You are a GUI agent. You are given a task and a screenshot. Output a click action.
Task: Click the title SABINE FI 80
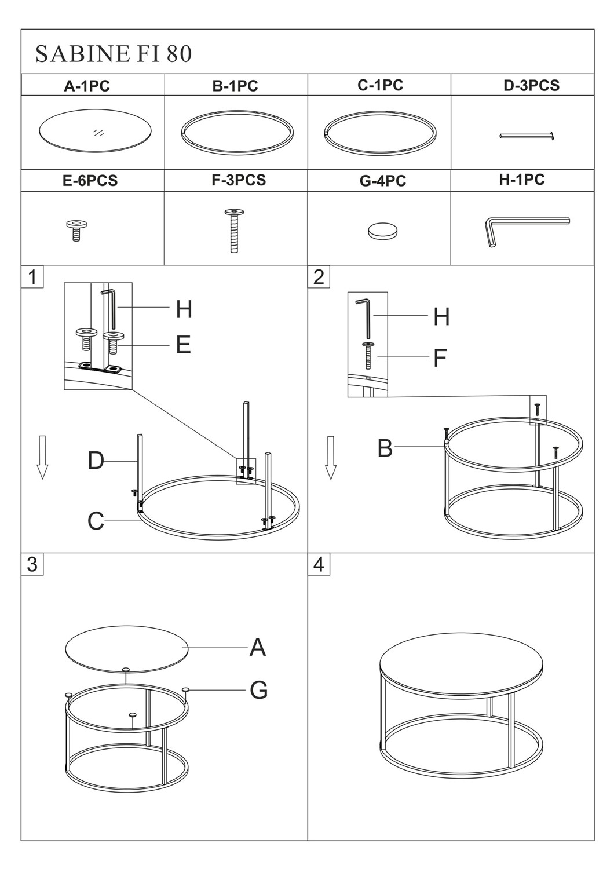coord(114,54)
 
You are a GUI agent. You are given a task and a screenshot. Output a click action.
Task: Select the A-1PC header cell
coord(93,85)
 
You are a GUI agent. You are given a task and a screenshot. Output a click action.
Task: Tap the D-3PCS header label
coord(531,85)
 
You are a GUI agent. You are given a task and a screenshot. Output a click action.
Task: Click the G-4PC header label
coord(382,181)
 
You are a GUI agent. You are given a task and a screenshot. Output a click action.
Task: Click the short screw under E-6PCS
coord(76,230)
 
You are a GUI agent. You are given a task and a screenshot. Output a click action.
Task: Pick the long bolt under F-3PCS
coord(234,231)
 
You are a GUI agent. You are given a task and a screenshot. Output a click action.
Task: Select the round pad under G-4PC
coord(382,232)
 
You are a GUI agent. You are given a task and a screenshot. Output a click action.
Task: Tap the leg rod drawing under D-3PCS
coord(527,136)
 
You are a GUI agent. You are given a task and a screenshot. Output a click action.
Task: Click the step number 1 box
coord(32,277)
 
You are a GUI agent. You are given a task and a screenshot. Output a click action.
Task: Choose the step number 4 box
coord(319,564)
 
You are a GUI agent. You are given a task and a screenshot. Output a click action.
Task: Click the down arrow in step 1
coord(42,457)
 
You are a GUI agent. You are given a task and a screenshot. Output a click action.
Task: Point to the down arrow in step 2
coord(331,458)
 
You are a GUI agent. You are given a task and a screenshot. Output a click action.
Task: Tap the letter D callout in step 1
coord(96,461)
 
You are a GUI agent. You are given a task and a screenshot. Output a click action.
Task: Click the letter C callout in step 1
coord(96,521)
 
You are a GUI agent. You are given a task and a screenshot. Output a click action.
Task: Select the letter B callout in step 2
coord(385,448)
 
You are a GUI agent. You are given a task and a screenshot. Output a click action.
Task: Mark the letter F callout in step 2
coord(440,357)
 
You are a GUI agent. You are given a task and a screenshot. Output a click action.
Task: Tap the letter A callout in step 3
coord(258,647)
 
